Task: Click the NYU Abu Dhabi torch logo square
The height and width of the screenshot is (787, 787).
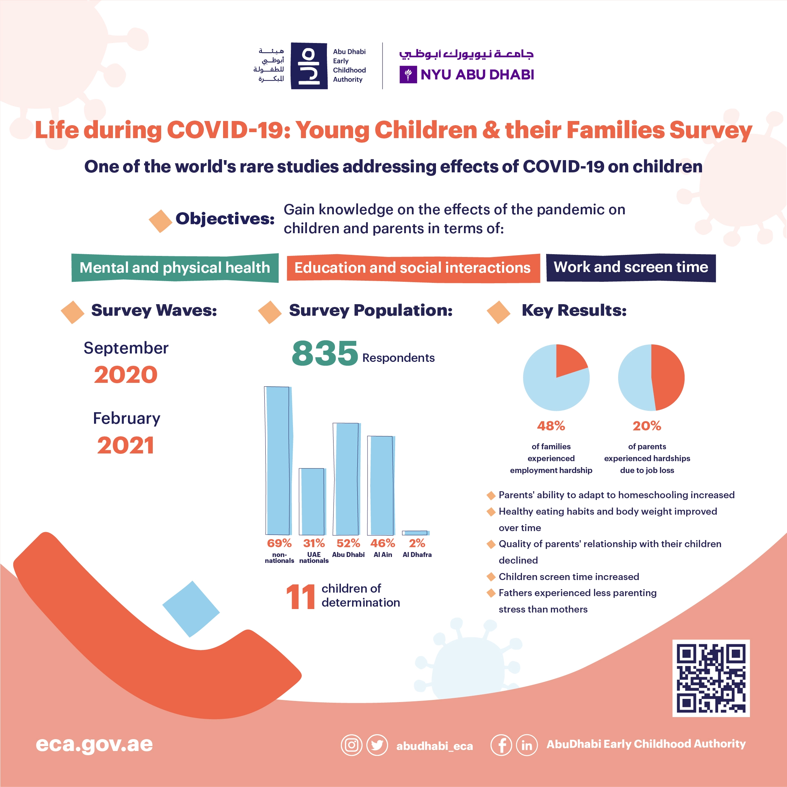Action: click(x=408, y=74)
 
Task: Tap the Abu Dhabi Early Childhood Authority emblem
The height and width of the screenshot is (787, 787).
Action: click(x=309, y=66)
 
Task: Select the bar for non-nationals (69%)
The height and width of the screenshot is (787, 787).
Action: click(x=279, y=460)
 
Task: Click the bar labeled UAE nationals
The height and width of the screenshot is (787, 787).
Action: click(x=312, y=501)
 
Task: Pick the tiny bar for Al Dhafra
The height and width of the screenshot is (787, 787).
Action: click(x=415, y=533)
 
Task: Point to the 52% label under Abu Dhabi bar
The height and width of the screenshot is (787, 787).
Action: click(x=348, y=543)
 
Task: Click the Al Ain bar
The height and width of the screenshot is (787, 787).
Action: click(x=381, y=485)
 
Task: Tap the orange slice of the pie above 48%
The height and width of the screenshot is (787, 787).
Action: click(x=570, y=360)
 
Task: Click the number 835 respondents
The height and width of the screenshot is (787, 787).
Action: click(x=325, y=353)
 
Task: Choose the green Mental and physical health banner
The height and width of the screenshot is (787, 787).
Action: click(x=175, y=267)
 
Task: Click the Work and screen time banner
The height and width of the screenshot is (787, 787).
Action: click(x=631, y=267)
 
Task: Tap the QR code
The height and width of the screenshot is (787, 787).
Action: click(x=711, y=678)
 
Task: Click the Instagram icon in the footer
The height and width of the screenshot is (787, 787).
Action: click(x=351, y=745)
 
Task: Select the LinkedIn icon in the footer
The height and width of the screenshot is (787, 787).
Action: click(x=527, y=745)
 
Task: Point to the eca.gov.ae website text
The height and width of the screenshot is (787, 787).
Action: click(x=94, y=745)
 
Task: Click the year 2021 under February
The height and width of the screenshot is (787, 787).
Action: click(x=126, y=445)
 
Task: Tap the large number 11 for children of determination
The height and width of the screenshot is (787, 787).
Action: click(x=301, y=597)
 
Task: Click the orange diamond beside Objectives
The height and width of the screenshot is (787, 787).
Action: click(x=160, y=221)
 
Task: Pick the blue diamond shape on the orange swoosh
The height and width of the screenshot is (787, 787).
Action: click(x=191, y=609)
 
